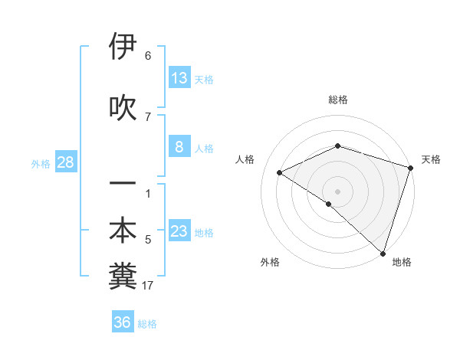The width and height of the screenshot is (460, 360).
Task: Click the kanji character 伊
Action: [123, 47]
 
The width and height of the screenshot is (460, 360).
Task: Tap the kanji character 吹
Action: [123, 107]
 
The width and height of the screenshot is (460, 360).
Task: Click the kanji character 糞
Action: [123, 277]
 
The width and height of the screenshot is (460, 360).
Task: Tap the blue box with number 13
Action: [179, 78]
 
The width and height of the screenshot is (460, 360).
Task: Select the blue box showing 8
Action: [179, 148]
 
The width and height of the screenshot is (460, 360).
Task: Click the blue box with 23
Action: [179, 232]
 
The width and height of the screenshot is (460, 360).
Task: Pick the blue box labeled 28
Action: [65, 162]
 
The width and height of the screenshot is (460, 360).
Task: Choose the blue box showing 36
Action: [123, 322]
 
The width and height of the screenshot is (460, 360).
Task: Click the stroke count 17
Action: [148, 286]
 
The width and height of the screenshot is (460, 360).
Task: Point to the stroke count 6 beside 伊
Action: [148, 56]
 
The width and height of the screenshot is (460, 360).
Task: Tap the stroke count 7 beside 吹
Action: [148, 116]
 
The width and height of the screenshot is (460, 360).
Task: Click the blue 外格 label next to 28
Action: [41, 163]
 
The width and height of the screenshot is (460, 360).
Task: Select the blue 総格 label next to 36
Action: [147, 324]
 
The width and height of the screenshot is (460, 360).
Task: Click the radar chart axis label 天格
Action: [431, 159]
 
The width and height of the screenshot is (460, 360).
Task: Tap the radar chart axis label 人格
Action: [245, 159]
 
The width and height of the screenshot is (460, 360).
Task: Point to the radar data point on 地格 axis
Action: [382, 253]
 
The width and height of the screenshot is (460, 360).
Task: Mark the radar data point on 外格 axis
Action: [328, 204]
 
